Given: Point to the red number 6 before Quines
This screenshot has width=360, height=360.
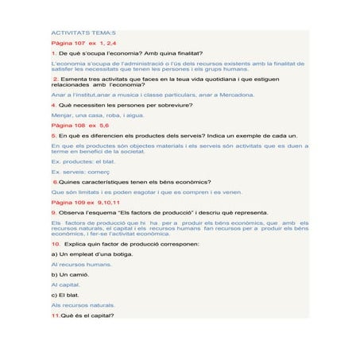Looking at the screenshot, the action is pyautogui.click(x=54, y=181).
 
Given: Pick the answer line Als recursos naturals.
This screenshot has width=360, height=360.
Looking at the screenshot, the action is pyautogui.click(x=83, y=304).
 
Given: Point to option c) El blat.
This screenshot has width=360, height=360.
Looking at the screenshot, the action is pyautogui.click(x=68, y=294).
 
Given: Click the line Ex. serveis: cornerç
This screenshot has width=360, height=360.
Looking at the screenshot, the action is pyautogui.click(x=79, y=172).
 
